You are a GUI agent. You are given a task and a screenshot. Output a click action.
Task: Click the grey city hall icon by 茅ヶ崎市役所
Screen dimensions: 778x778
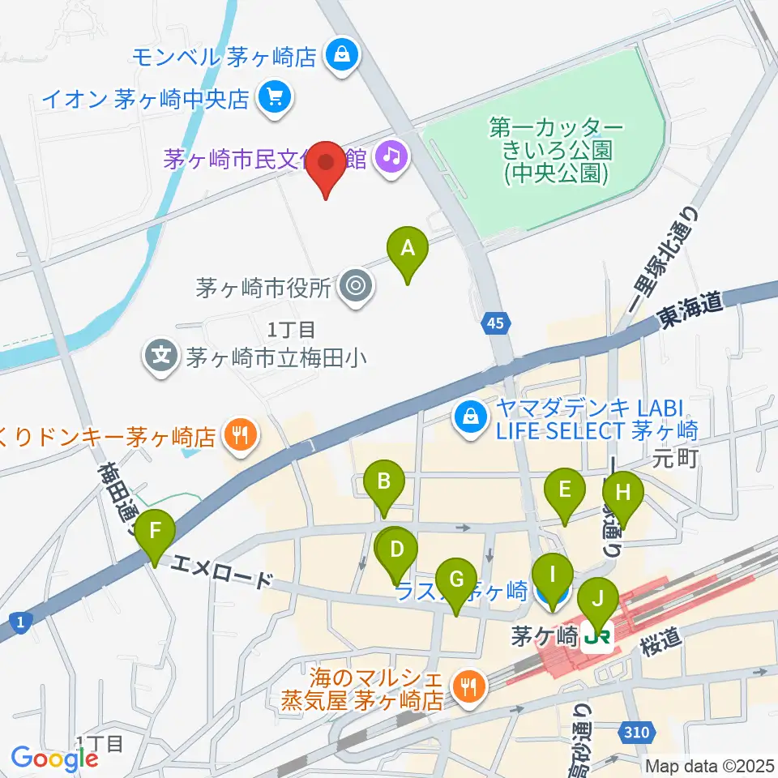(355, 286)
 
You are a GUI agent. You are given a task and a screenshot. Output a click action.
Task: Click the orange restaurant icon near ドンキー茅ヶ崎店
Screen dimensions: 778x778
(242, 437)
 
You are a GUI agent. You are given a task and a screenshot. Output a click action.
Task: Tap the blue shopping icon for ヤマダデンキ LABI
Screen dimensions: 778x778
(470, 417)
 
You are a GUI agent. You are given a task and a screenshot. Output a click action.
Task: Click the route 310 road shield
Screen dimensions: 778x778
(636, 733)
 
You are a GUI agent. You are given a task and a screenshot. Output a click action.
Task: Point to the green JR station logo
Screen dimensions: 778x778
(598, 638)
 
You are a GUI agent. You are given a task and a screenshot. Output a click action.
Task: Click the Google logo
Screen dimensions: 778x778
(54, 759)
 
